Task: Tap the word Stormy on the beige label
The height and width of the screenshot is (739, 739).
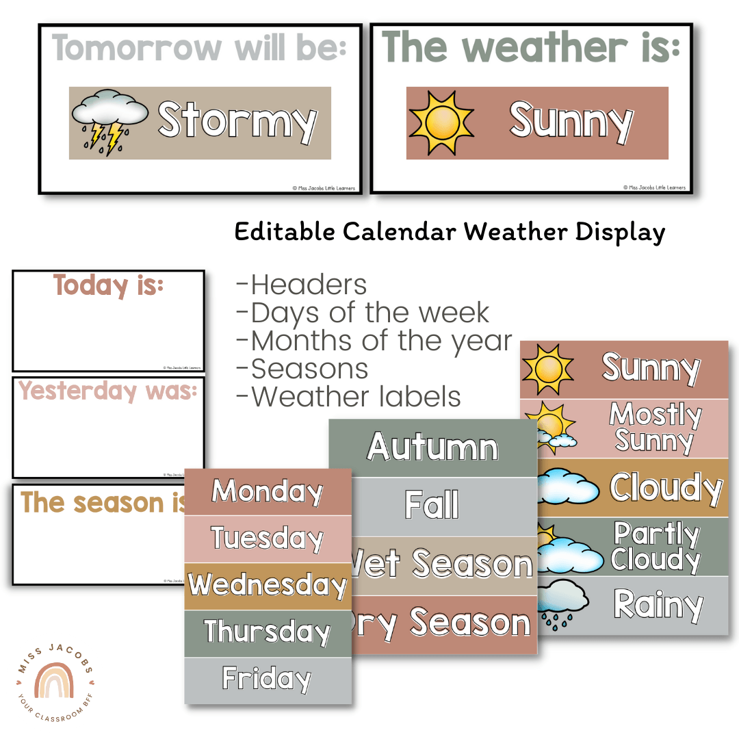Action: coord(237,122)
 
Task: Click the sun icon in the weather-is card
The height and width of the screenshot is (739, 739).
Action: coord(441,123)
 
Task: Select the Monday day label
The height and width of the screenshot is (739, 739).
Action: coord(268,492)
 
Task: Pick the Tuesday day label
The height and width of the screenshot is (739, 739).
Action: coord(268,539)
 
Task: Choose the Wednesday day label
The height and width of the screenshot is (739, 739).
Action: coord(268,585)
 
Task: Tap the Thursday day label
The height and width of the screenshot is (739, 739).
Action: coord(268,632)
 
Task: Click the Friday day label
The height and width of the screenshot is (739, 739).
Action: coord(268,679)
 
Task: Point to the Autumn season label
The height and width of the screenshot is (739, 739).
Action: coord(432,448)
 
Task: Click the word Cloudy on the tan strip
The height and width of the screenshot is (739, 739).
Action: coord(665,487)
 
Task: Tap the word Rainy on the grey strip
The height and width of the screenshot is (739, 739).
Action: coord(658,604)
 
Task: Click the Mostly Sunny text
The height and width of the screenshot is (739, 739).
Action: coord(656,427)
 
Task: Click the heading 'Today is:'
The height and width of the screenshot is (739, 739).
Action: coord(109,286)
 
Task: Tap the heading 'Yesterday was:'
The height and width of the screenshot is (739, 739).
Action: coord(108,391)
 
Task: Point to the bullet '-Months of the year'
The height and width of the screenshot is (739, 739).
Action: coord(374,341)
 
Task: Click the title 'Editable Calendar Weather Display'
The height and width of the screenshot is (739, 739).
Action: coord(450,232)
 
